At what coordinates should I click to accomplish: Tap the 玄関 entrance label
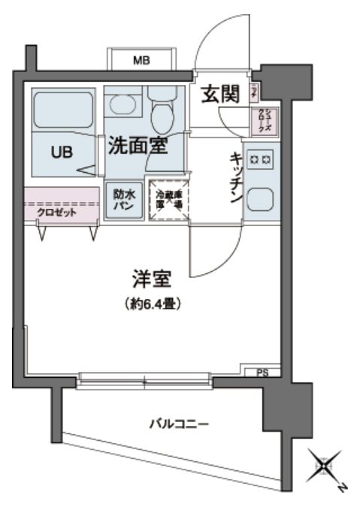[220, 94]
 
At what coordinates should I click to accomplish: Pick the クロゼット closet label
[57, 211]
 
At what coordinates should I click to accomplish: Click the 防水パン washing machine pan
[124, 200]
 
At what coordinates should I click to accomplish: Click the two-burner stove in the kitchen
[262, 160]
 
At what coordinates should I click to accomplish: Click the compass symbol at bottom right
[324, 467]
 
